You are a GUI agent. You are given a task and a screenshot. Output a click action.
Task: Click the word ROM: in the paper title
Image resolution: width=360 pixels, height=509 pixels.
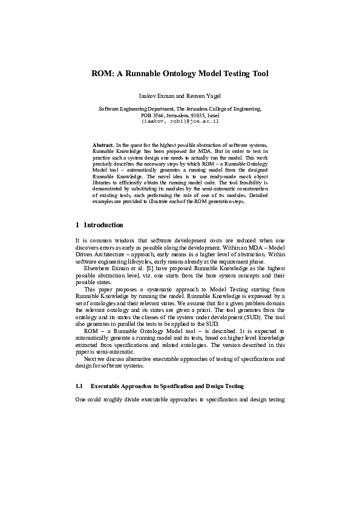point(102,74)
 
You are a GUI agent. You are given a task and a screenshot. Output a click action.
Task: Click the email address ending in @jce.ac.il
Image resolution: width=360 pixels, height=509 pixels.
point(180,120)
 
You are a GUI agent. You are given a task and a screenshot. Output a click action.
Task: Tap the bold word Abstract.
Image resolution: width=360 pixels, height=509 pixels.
point(103,146)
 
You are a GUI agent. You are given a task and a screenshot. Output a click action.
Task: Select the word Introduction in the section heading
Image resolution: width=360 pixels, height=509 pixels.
point(103,225)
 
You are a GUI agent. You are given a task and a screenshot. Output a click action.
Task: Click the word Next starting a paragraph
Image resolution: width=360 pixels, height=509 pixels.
point(90,358)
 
